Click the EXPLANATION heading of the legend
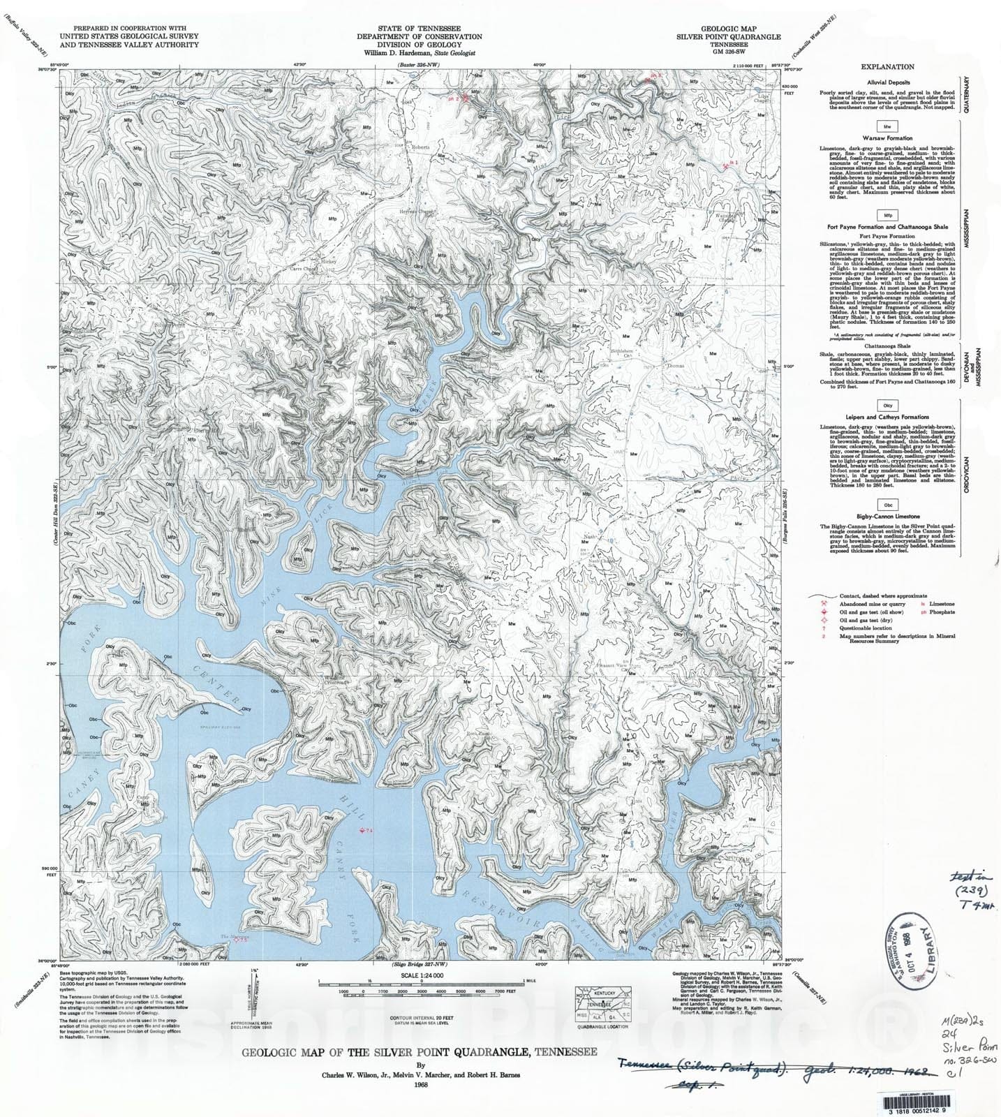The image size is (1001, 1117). tap(887, 67)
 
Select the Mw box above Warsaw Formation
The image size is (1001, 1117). tap(887, 127)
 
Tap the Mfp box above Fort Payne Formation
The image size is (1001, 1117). tap(887, 216)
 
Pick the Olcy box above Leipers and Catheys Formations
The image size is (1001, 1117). tap(887, 406)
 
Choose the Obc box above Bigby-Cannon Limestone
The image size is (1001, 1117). tap(887, 505)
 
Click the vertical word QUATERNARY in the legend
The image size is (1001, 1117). tap(967, 95)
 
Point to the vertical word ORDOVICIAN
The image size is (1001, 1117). tap(967, 475)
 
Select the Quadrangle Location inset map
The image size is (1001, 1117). tap(602, 1003)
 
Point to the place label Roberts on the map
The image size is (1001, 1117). tap(420, 147)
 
